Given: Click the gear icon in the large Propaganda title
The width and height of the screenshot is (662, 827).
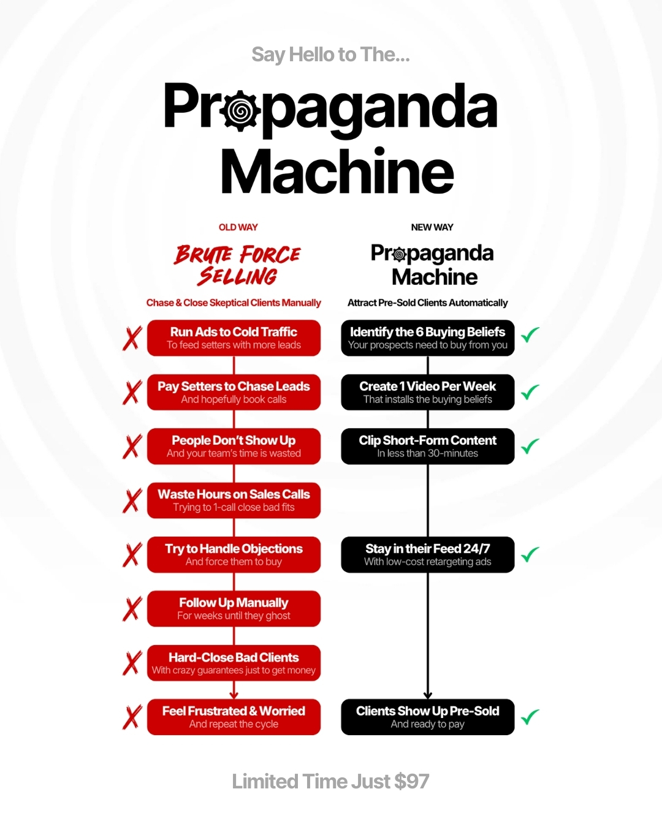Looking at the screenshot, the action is [240, 111].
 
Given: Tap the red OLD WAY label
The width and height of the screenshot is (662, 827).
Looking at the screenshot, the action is [238, 227].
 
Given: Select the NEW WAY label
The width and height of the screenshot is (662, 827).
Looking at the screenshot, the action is [432, 227].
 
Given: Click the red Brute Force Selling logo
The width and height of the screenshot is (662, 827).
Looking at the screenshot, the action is [237, 265].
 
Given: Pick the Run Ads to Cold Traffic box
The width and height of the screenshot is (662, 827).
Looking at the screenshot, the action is [234, 338].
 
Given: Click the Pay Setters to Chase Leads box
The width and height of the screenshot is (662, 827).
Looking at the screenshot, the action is [234, 392].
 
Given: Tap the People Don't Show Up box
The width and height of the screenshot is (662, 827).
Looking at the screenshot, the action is [234, 446].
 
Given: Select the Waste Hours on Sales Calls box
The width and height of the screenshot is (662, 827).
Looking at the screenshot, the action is [234, 500].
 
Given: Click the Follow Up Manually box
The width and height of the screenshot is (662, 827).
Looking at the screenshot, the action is [234, 609].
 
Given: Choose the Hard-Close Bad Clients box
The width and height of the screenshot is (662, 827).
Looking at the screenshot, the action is [234, 663].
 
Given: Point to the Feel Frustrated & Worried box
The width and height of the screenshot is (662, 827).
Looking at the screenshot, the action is [234, 717].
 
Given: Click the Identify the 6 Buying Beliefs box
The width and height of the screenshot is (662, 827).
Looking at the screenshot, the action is [428, 338].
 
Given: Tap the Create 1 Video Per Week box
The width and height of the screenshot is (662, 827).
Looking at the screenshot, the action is [428, 392].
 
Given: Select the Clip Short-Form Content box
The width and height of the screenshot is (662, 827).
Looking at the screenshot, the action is [428, 446].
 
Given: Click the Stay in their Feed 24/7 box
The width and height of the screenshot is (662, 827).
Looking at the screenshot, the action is [428, 554].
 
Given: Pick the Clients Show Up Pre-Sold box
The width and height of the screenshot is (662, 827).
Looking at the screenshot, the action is [428, 717].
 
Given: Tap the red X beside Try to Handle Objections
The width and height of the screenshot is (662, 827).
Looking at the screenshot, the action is [132, 554].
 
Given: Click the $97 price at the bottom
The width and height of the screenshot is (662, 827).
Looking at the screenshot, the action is [411, 781].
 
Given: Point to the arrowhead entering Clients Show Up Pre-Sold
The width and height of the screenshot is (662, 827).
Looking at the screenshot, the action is [428, 695].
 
